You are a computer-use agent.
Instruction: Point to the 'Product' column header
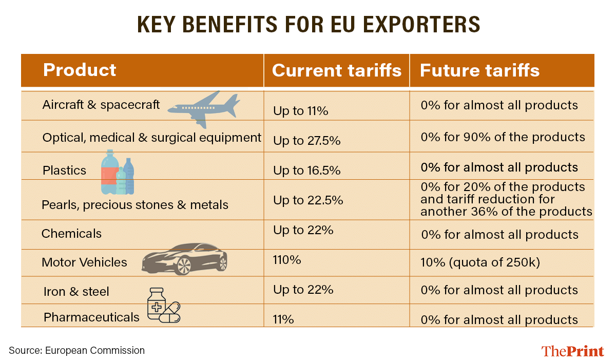80,70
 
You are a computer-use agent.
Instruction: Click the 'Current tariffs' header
336,70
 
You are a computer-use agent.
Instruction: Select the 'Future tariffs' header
479,70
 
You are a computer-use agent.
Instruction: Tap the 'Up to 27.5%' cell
306,140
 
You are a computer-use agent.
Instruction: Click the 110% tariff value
287,260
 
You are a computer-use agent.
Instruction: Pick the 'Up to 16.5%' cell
306,171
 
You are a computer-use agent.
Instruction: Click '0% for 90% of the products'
503,137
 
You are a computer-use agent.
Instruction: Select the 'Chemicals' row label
71,234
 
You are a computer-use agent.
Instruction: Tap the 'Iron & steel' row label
76,292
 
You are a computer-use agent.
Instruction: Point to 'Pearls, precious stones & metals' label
135,205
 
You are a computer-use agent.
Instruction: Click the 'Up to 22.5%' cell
308,201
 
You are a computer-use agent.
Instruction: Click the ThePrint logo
572,351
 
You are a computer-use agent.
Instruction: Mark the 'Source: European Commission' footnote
76,351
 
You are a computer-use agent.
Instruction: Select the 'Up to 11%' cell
300,111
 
